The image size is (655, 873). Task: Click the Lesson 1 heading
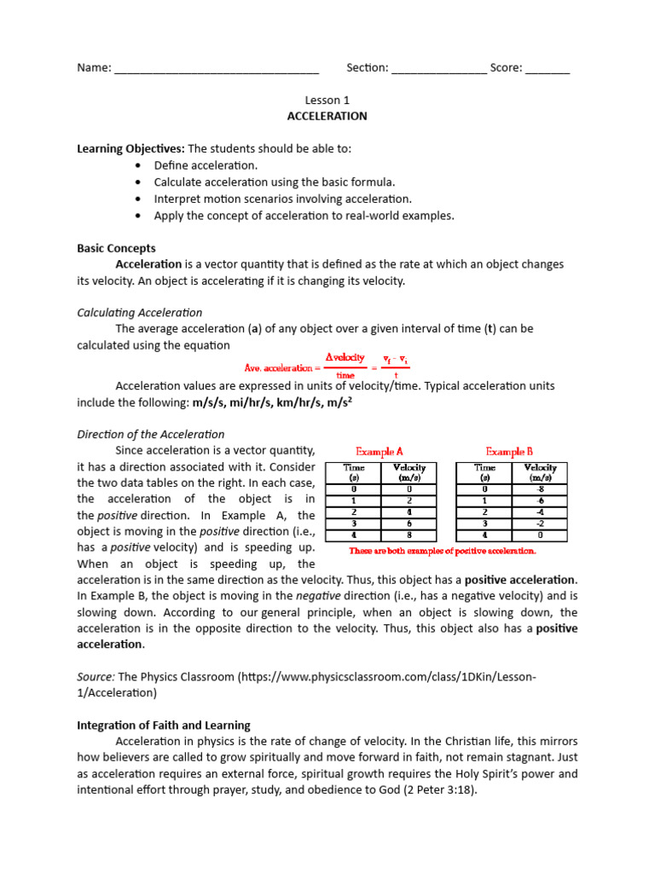click(x=327, y=100)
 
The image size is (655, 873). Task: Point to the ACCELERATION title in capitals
click(x=327, y=116)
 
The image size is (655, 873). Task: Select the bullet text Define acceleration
click(x=206, y=165)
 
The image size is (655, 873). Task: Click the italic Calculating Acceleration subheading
click(x=139, y=313)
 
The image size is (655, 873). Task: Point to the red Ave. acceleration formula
click(x=324, y=366)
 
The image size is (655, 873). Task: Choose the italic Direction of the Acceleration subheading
click(x=150, y=435)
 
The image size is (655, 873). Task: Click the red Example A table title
click(x=380, y=452)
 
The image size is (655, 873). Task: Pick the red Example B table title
click(x=510, y=452)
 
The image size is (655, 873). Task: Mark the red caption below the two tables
click(x=443, y=551)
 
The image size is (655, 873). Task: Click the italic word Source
click(x=96, y=677)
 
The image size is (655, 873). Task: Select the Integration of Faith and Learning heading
click(x=164, y=726)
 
